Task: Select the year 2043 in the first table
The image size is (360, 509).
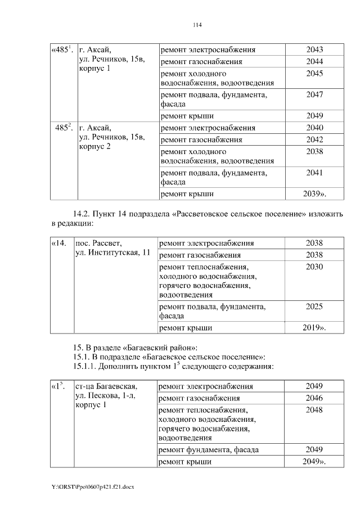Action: click(314, 50)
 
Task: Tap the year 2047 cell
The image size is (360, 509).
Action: click(314, 95)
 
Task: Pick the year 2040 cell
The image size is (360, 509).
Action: click(314, 128)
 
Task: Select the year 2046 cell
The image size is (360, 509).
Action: click(314, 398)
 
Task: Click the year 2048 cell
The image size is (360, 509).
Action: click(314, 410)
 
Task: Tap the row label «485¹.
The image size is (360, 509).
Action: click(62, 50)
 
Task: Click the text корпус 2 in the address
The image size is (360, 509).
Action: click(95, 147)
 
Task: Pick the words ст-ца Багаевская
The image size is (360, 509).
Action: click(106, 386)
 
